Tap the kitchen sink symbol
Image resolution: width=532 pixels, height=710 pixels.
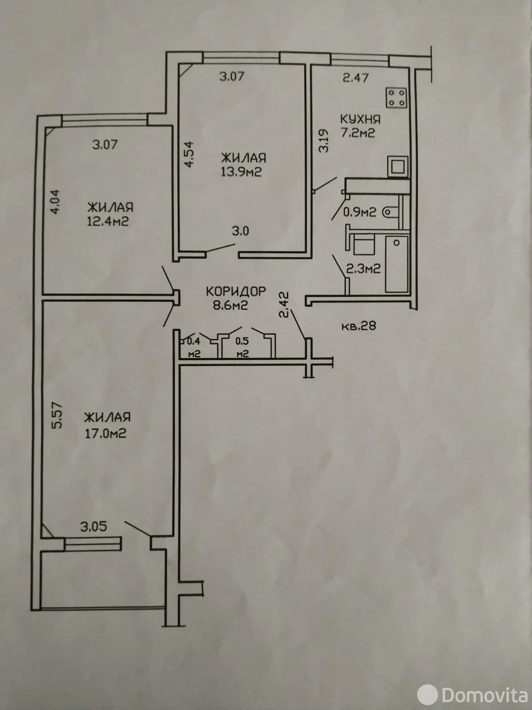[x=398, y=167]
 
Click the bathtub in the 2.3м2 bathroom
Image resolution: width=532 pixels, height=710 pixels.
[x=397, y=264]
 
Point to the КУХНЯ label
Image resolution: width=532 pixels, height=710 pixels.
[x=360, y=119]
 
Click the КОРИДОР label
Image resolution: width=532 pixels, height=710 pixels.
[x=236, y=291]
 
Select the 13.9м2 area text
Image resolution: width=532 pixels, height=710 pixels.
[x=241, y=172]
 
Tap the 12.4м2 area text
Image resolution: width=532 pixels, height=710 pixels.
[x=108, y=221]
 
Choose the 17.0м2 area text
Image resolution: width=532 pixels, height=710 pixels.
[x=106, y=433]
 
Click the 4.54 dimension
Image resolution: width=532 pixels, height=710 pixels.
[x=189, y=154]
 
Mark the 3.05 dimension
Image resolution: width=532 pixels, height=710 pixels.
[x=94, y=527]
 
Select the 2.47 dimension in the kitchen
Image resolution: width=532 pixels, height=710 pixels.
[x=356, y=78]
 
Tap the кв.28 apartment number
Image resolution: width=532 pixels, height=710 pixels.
[x=359, y=325]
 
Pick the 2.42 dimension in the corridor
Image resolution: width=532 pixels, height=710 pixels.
[x=284, y=305]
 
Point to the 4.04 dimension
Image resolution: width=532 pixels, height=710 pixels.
[x=55, y=201]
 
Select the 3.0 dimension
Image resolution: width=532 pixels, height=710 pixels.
[x=240, y=231]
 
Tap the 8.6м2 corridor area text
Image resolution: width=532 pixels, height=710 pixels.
[x=230, y=305]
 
